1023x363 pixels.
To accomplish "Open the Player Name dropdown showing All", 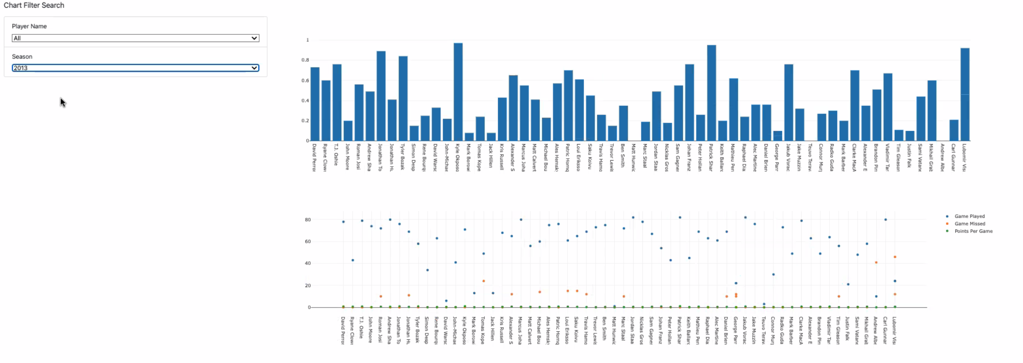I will pyautogui.click(x=135, y=38).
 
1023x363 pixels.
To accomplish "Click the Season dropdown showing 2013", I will pyautogui.click(x=135, y=68).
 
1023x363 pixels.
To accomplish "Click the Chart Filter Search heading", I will pyautogui.click(x=34, y=5).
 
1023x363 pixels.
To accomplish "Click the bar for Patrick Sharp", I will pyautogui.click(x=711, y=93).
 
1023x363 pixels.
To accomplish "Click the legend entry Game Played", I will pyautogui.click(x=969, y=216).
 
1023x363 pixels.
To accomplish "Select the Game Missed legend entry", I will pyautogui.click(x=970, y=224).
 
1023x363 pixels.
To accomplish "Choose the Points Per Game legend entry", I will pyautogui.click(x=973, y=231).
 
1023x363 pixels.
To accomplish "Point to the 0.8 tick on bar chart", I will pyautogui.click(x=305, y=60).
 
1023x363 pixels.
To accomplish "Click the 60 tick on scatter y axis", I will pyautogui.click(x=308, y=241).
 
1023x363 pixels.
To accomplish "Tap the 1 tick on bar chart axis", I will pyautogui.click(x=307, y=40).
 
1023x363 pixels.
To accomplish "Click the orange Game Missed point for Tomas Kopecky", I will pyautogui.click(x=483, y=281).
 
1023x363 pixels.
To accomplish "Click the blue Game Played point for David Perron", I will pyautogui.click(x=343, y=222).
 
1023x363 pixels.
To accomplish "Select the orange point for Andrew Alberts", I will pyautogui.click(x=876, y=262).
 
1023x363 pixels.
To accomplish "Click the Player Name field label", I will pyautogui.click(x=29, y=26).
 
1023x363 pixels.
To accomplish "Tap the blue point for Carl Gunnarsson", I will pyautogui.click(x=885, y=219).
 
